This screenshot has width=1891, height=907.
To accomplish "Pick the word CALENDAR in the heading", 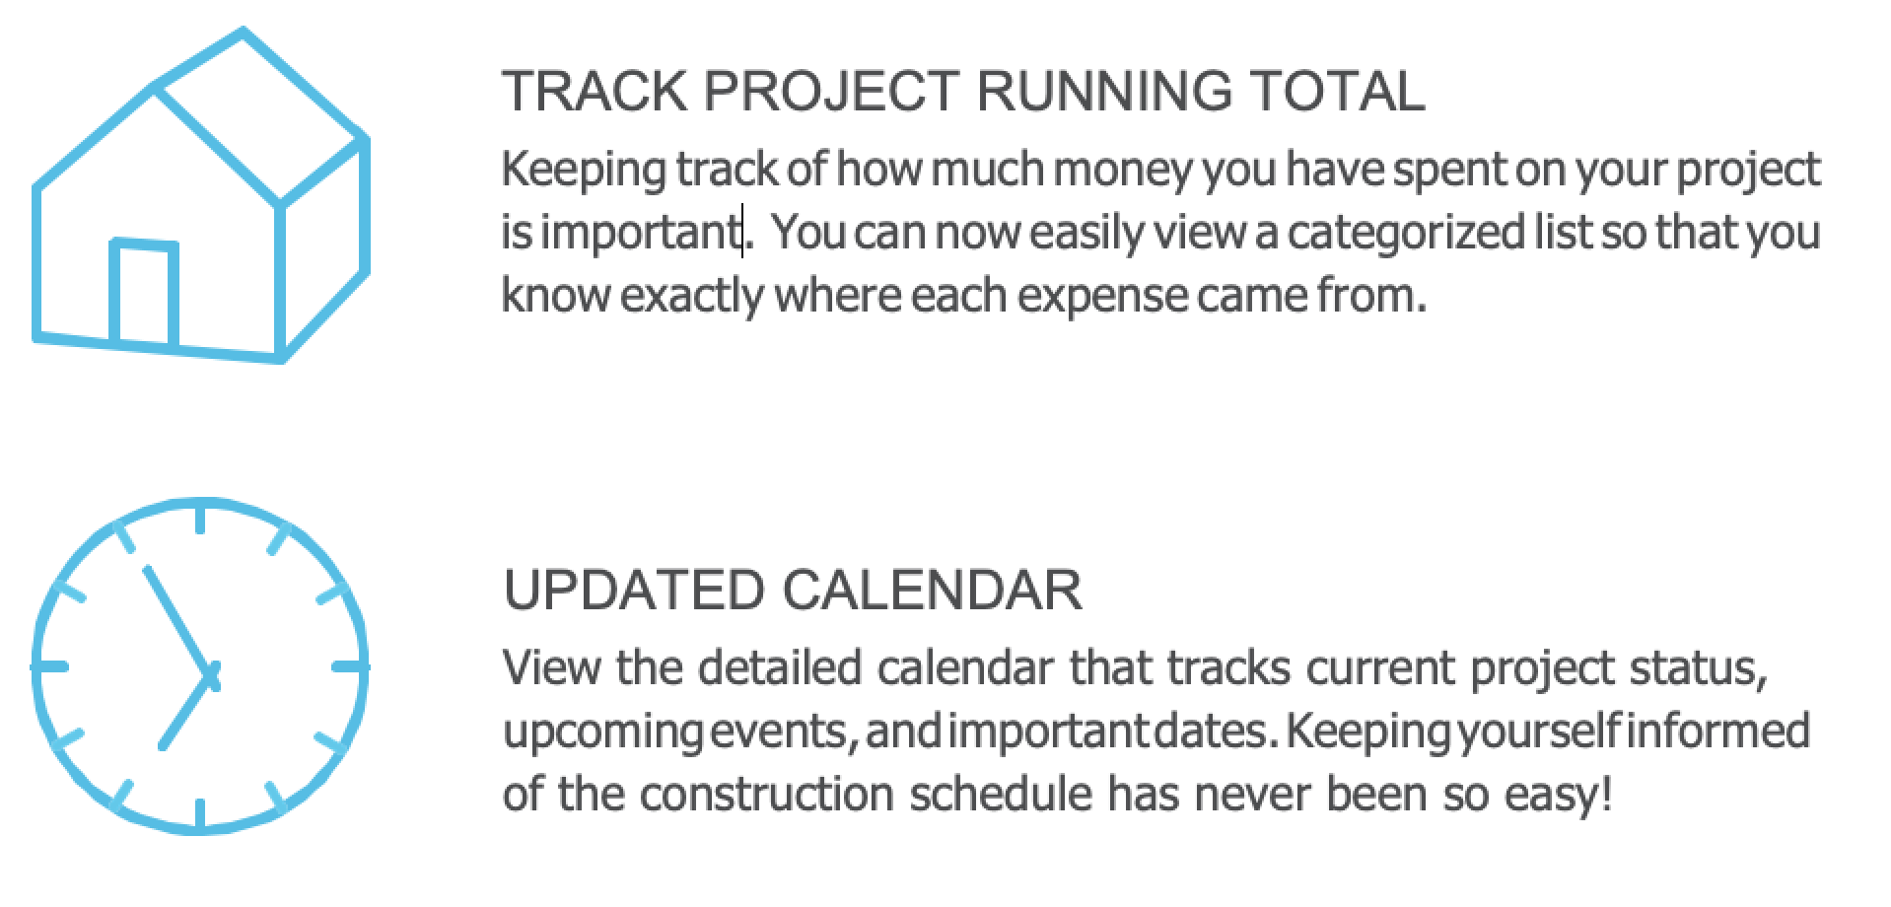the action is pos(932,591).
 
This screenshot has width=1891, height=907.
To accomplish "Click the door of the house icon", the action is pos(145,293).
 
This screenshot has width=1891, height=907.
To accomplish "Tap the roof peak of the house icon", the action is pos(244,33).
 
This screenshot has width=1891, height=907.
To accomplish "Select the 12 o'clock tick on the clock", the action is pos(201,520).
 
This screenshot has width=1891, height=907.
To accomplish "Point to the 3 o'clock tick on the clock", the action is pos(350,667).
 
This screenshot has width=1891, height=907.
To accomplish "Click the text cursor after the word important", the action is pos(742,232).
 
